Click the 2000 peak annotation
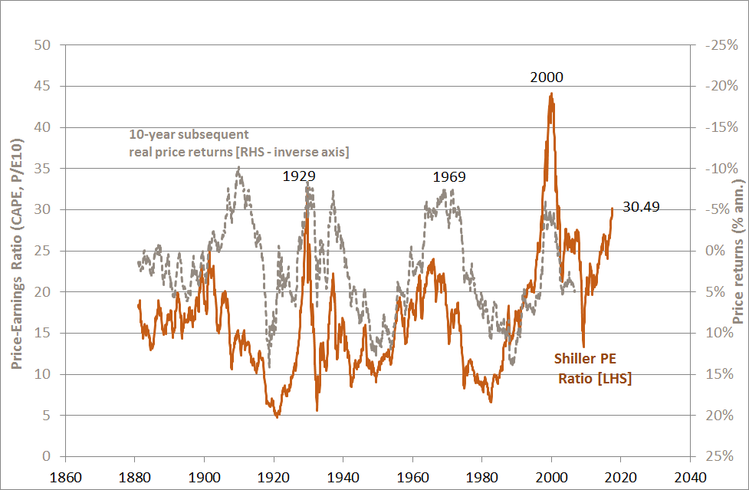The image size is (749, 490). [547, 77]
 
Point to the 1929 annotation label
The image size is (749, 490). [300, 176]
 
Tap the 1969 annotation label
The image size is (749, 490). [449, 177]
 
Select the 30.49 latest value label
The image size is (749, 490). [641, 206]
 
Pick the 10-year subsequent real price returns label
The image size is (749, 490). [238, 143]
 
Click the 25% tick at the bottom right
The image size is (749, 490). [716, 457]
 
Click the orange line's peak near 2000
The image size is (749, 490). [551, 94]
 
